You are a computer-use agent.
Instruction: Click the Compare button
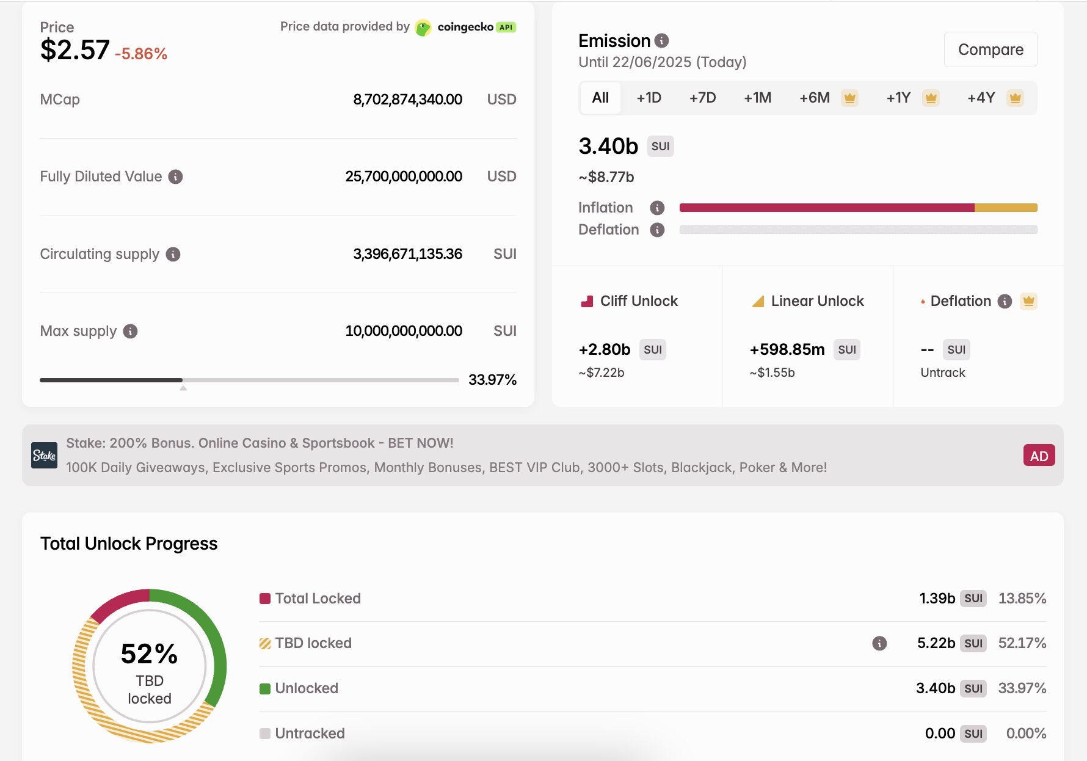[990, 49]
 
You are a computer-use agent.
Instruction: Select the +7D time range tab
[702, 98]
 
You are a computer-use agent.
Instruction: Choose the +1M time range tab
[757, 98]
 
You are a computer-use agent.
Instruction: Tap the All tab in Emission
[600, 98]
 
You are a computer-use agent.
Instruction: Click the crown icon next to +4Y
[1015, 98]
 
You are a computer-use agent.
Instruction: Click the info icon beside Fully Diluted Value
[176, 177]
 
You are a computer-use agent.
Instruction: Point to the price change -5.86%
[141, 54]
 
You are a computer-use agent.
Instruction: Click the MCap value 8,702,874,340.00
[407, 100]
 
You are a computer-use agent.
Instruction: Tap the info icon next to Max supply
[130, 331]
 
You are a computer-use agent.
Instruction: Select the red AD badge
[1039, 456]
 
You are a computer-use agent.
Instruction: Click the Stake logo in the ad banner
[45, 456]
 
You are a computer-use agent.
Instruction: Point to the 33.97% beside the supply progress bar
[492, 380]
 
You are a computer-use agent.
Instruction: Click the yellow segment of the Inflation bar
[1006, 208]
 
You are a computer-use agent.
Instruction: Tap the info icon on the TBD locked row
[879, 643]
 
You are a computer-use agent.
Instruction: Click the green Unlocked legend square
[265, 689]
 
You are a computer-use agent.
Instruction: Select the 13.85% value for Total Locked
[1022, 599]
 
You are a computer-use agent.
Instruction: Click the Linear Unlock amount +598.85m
[787, 349]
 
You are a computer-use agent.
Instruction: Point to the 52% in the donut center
[149, 654]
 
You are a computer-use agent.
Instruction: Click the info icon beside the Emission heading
[661, 40]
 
